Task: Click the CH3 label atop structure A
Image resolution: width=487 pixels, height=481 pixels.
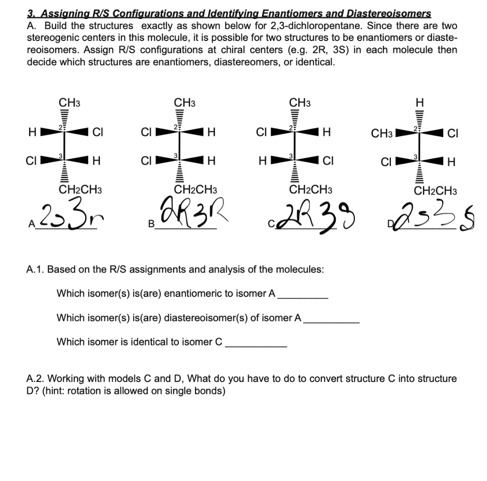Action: (69, 102)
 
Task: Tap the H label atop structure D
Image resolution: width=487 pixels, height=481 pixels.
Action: (419, 102)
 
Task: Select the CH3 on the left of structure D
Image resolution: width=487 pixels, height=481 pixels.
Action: (382, 134)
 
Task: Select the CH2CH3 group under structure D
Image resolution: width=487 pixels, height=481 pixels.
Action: (435, 191)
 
